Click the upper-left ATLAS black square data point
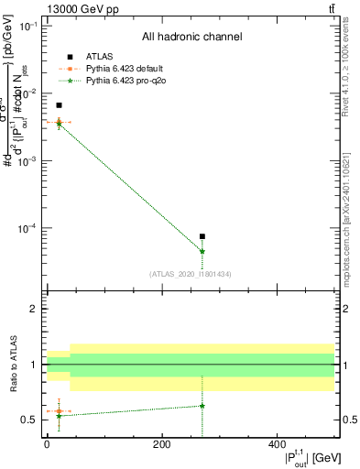click(x=59, y=105)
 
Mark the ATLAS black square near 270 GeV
click(x=202, y=236)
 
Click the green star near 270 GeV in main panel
click(x=202, y=251)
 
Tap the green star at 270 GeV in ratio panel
click(x=202, y=406)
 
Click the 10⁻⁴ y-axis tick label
click(x=29, y=228)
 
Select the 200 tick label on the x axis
click(x=161, y=443)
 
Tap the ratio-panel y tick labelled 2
click(x=33, y=309)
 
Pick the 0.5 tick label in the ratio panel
click(x=29, y=420)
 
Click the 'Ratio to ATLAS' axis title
click(x=12, y=364)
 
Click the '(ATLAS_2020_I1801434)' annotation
click(x=191, y=274)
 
